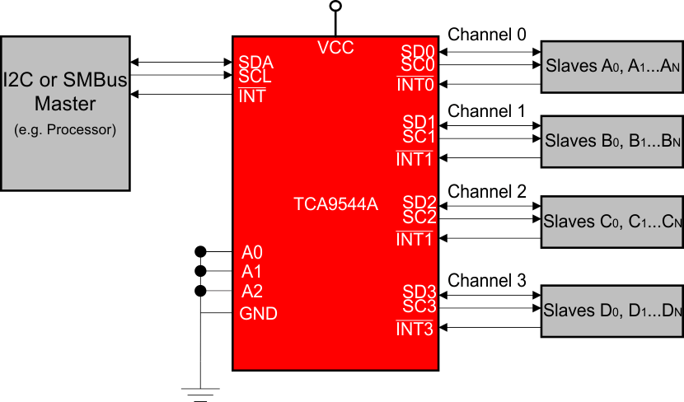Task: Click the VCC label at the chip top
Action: click(x=335, y=48)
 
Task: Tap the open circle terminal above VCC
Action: click(x=335, y=7)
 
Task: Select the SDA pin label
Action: click(x=255, y=62)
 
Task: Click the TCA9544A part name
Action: click(x=335, y=204)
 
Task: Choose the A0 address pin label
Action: click(x=252, y=252)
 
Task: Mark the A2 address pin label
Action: click(x=252, y=291)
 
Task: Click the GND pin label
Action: click(x=258, y=314)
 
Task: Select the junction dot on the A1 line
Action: click(x=200, y=271)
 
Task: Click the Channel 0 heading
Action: click(x=486, y=35)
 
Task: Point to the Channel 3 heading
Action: click(x=486, y=281)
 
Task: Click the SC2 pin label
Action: click(x=419, y=218)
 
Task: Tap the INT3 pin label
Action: click(x=415, y=330)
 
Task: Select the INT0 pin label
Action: click(x=415, y=84)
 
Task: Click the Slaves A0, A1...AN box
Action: click(x=611, y=67)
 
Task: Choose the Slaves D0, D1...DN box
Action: click(x=611, y=311)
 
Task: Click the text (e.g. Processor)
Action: click(x=65, y=129)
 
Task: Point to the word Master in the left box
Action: click(x=65, y=105)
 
